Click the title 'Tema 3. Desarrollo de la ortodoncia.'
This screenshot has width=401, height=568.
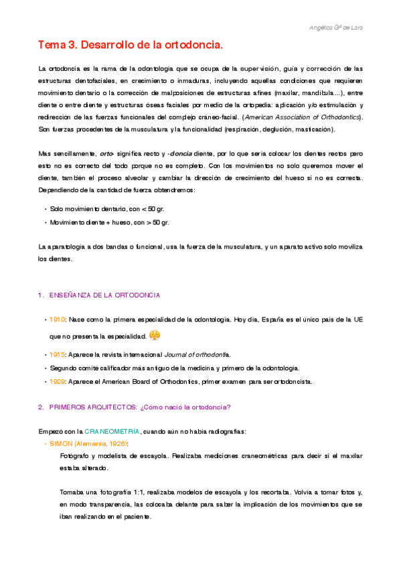click(x=129, y=46)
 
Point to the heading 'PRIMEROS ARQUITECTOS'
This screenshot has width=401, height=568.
click(x=93, y=406)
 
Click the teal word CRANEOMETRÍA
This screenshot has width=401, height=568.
click(x=112, y=430)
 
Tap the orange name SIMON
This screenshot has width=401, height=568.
click(x=62, y=443)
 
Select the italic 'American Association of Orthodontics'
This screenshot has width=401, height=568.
click(x=301, y=117)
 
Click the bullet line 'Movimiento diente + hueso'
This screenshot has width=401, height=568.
click(x=110, y=222)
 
